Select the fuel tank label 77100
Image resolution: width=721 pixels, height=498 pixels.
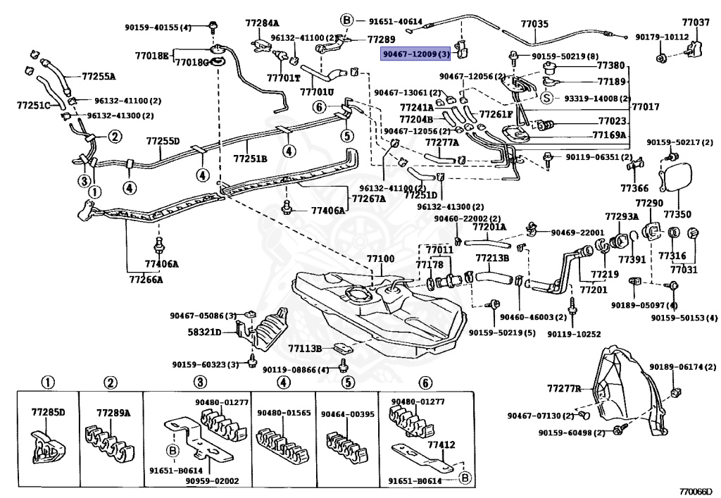[380, 259]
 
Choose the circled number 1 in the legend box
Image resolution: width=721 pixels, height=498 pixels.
[47, 382]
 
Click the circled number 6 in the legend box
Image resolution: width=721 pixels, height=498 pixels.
[424, 382]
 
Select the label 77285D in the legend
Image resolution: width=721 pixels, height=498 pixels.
[47, 411]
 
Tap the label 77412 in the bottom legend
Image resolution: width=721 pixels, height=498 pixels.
[441, 444]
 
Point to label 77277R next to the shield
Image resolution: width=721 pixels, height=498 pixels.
[565, 387]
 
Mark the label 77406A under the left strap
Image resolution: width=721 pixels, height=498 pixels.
[162, 264]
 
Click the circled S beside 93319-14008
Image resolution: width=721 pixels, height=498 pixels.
[545, 99]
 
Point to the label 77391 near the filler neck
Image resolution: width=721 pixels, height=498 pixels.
[632, 260]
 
